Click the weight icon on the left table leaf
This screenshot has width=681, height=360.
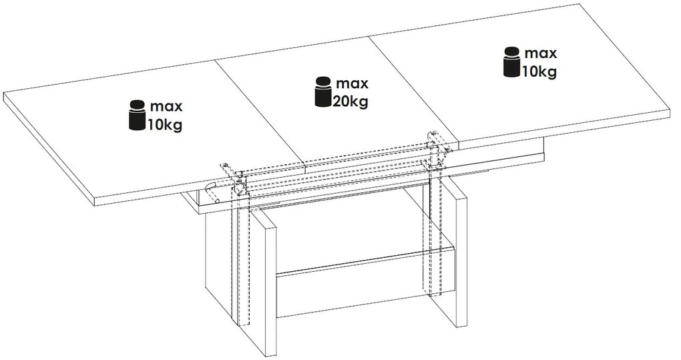pos(137,115)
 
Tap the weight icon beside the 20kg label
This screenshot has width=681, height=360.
pos(324,93)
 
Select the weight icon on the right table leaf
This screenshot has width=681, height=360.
pos(513,62)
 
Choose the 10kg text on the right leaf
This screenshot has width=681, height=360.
pos(539,70)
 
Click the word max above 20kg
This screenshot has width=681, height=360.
pos(352,84)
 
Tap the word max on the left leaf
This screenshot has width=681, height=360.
pos(166,107)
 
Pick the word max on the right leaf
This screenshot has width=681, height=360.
pos(540,53)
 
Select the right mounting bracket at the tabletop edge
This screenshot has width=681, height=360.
pos(435,142)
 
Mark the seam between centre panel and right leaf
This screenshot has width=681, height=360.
pos(414,87)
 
